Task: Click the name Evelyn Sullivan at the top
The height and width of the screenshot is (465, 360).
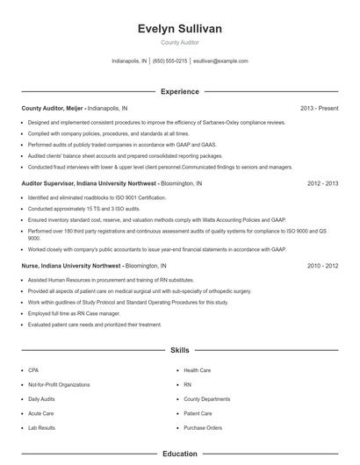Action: pos(179,29)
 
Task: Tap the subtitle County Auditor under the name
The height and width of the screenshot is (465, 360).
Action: pos(179,43)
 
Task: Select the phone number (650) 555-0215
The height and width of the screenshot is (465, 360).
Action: pos(169,61)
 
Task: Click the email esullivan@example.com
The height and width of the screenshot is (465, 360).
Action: pos(220,61)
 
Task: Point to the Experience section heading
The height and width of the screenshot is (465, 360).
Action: pos(179,91)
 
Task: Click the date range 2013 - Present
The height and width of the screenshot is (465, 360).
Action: pos(319,108)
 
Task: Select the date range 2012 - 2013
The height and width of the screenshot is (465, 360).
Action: pos(322,183)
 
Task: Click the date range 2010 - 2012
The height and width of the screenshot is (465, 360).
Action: pos(322,264)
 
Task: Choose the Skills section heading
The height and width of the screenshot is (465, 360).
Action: pos(179,350)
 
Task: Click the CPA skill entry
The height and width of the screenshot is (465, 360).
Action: pos(33,370)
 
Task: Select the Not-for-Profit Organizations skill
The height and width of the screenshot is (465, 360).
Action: pos(59,384)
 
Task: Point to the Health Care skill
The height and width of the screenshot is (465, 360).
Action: pos(197,370)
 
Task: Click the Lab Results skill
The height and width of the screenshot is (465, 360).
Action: pos(41,427)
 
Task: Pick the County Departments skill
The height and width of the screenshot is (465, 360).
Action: pos(206,398)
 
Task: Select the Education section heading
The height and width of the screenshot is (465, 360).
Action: pos(179,454)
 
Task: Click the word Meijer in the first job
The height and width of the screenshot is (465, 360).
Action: pos(76,108)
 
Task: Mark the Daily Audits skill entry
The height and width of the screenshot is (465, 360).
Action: pos(42,398)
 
